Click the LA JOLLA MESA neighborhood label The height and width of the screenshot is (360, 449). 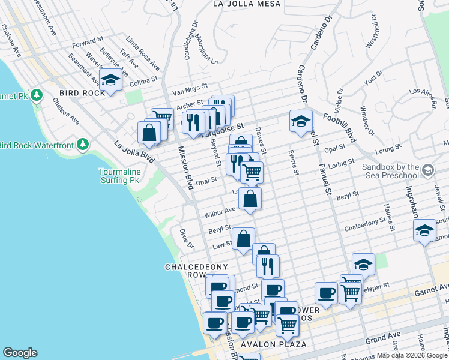click(x=247, y=4)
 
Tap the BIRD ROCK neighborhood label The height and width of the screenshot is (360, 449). click(x=83, y=94)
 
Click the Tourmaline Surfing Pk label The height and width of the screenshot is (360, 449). click(x=120, y=176)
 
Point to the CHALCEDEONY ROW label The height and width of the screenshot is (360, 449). click(x=188, y=270)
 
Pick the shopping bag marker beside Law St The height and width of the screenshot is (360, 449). click(x=243, y=239)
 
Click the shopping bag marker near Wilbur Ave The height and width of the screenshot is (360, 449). click(x=250, y=199)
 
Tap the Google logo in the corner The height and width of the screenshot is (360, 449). click(x=20, y=353)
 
